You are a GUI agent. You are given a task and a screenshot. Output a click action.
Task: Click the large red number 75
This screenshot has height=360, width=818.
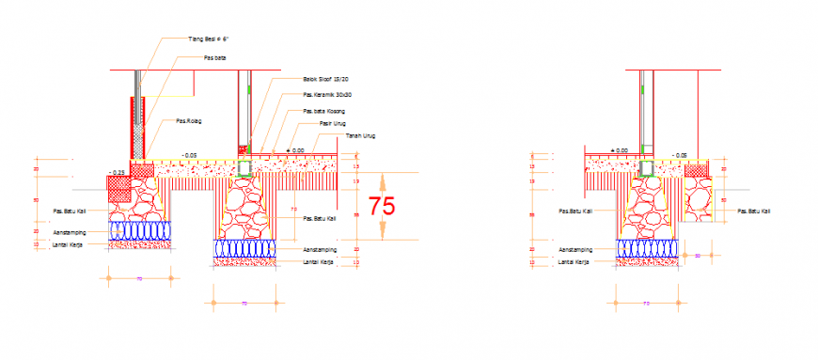[382, 206]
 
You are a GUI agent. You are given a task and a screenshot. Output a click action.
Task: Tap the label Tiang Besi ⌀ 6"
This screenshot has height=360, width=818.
[209, 39]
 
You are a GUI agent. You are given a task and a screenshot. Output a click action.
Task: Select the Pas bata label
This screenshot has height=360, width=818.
[215, 57]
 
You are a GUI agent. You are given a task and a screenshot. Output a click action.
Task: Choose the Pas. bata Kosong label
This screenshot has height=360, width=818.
[323, 111]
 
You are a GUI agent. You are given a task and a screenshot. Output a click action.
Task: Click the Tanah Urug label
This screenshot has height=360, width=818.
[361, 136]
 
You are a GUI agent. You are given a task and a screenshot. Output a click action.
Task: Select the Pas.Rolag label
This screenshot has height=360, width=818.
[189, 120]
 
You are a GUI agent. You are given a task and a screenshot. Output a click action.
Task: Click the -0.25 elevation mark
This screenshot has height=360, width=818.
[118, 172]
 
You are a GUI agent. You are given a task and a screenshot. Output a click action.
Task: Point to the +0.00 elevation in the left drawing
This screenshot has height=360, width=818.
[296, 150]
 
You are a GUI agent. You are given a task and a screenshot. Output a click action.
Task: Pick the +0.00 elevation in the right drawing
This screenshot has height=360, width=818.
[619, 150]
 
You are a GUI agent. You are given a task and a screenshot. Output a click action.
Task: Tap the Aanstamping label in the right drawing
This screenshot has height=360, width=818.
[574, 249]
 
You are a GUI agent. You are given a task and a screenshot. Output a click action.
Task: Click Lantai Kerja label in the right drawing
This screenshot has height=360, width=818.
[574, 262]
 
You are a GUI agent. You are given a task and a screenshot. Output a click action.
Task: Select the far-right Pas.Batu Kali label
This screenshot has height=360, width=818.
[755, 211]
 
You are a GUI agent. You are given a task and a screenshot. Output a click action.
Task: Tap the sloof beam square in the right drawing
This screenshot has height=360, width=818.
[647, 169]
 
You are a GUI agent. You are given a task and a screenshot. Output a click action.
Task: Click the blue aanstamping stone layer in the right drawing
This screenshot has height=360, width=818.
[648, 247]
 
